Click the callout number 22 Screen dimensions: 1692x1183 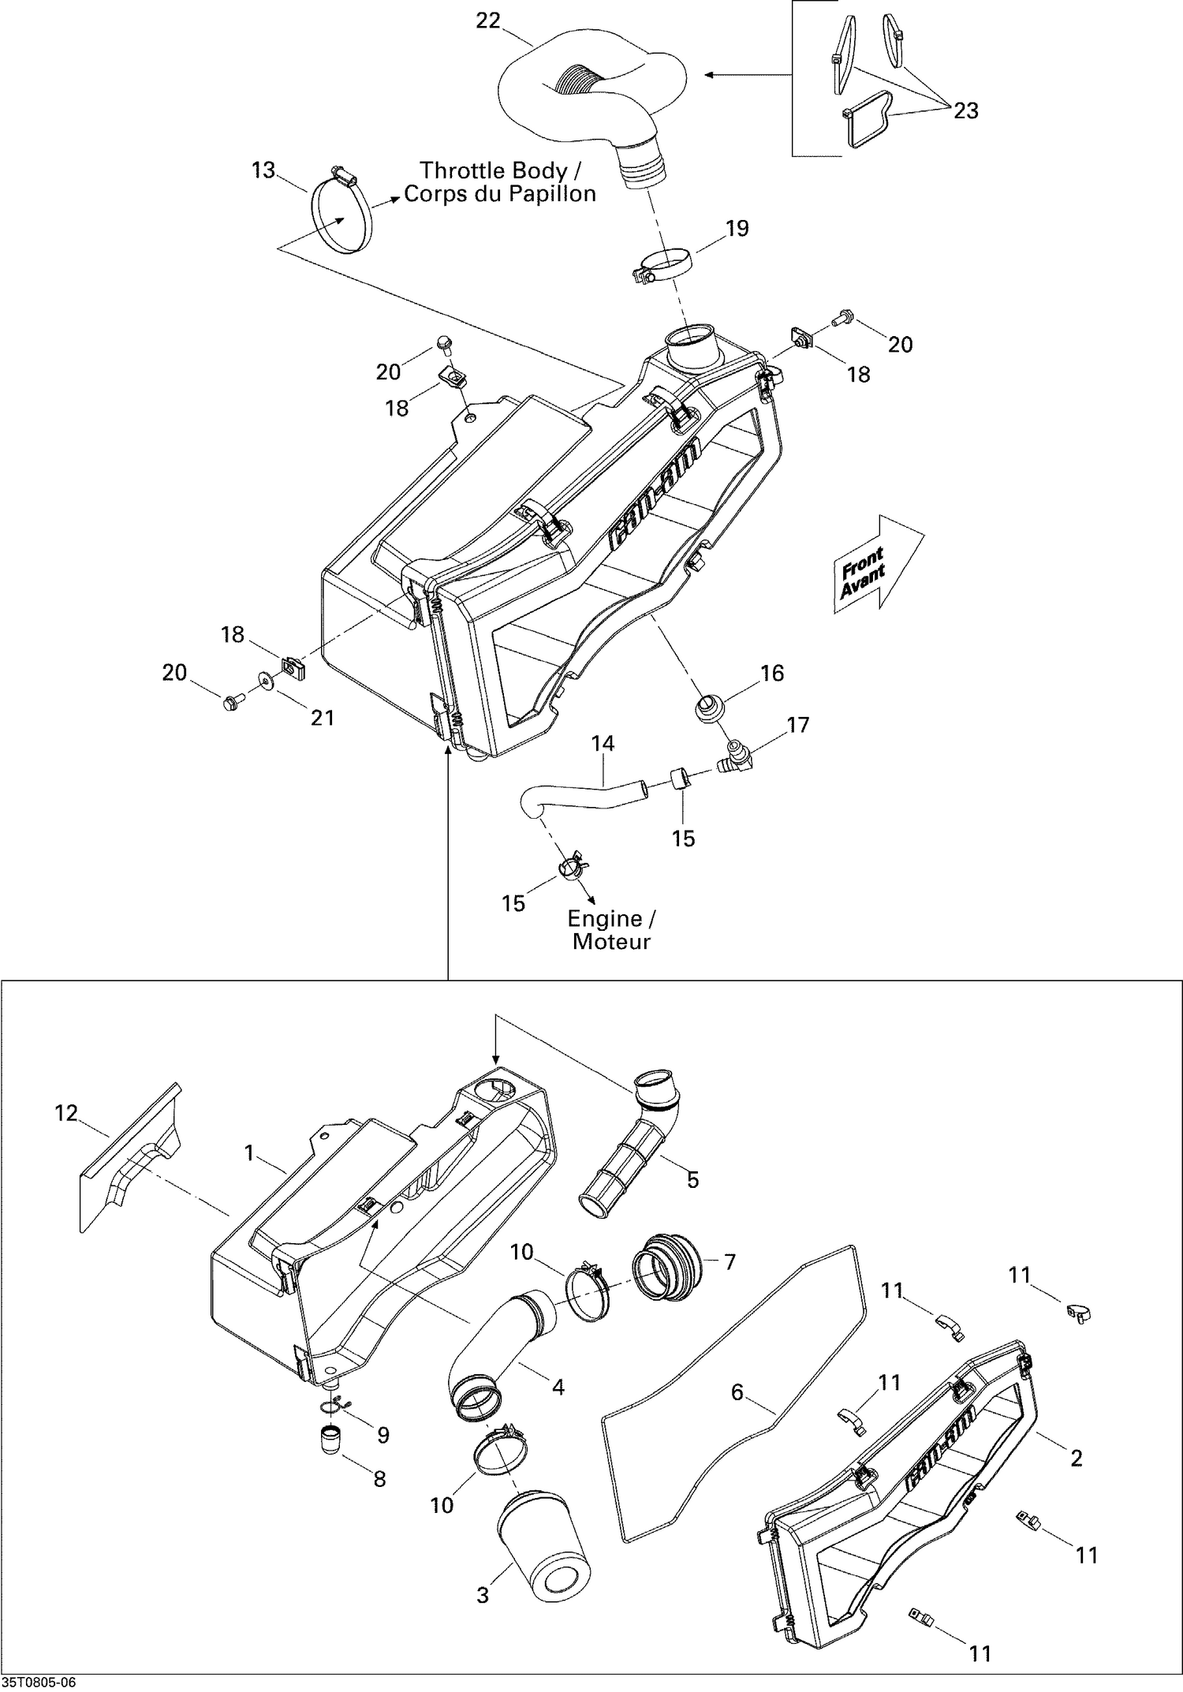(488, 21)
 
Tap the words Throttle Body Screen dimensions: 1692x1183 (493, 170)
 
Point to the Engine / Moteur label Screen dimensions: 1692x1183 (612, 929)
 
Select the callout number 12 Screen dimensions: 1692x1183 (66, 1113)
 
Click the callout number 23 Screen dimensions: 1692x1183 (965, 111)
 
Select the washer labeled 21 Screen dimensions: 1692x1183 (262, 678)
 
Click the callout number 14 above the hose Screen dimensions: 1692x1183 (603, 743)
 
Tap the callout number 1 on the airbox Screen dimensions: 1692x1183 (249, 1153)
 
